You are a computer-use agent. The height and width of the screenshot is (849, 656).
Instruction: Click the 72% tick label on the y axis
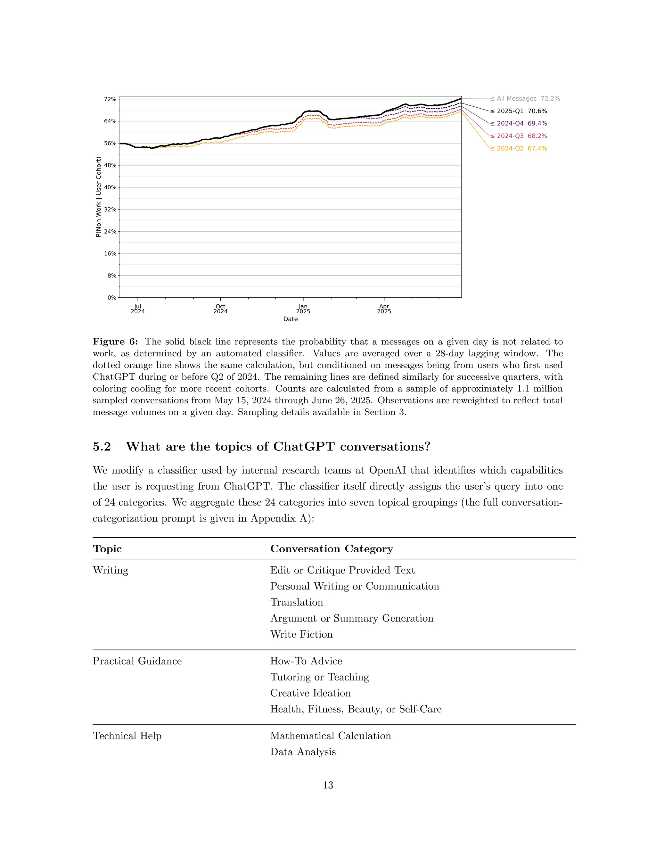110,100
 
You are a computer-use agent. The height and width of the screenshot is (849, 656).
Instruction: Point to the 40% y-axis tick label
110,187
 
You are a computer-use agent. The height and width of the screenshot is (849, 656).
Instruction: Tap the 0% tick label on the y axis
111,298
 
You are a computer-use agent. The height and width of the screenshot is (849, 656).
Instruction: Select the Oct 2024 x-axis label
220,309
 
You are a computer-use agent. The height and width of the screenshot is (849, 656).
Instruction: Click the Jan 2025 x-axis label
303,309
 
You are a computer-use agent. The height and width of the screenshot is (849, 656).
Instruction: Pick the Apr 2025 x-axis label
384,309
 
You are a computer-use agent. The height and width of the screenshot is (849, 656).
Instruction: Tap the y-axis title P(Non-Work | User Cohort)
98,197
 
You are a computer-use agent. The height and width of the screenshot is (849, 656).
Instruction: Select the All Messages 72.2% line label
525,99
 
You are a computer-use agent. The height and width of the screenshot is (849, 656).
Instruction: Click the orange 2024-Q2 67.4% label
519,149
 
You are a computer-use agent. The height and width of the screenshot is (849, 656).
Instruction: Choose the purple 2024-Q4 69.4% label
519,124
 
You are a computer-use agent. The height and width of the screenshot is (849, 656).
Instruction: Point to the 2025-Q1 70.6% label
519,111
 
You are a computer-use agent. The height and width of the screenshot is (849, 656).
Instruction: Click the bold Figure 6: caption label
115,342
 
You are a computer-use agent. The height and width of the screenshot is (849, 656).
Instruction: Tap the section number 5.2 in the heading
102,447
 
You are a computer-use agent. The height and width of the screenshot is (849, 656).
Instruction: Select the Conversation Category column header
332,548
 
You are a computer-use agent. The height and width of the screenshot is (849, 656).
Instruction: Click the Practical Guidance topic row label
137,661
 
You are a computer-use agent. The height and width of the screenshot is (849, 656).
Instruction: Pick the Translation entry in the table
297,602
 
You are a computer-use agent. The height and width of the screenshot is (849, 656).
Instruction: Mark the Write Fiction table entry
301,634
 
